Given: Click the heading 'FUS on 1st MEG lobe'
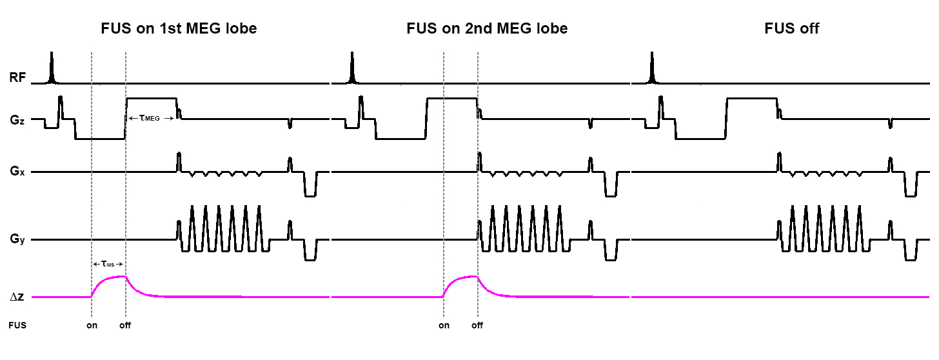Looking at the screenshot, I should [179, 29].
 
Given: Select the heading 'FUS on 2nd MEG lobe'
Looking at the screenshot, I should [487, 29].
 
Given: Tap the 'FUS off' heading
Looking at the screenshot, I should [792, 29].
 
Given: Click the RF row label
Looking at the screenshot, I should [17, 79].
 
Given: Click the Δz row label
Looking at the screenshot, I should [17, 297].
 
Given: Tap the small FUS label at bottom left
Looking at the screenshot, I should [17, 325].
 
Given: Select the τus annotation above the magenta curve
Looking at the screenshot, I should [108, 264].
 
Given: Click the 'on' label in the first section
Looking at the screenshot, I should [92, 325].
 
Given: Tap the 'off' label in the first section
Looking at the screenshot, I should [125, 325].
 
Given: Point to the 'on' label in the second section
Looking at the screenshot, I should [444, 325].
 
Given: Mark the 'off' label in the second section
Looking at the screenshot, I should [477, 325].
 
